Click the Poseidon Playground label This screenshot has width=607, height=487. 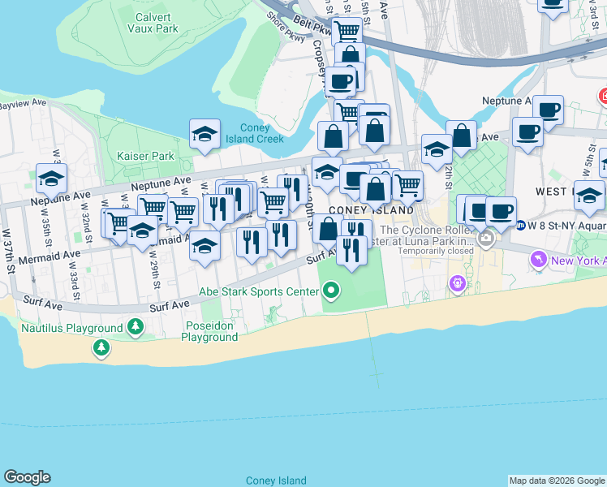[210, 332]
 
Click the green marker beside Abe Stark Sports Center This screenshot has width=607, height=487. [330, 290]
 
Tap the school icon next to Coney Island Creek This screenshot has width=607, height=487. [205, 134]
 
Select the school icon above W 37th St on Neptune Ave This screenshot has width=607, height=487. [51, 178]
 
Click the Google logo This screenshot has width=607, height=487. [27, 477]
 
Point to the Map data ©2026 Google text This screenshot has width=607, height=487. [557, 481]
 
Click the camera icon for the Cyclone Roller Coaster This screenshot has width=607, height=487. [486, 239]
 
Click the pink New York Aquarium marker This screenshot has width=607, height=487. [537, 260]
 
